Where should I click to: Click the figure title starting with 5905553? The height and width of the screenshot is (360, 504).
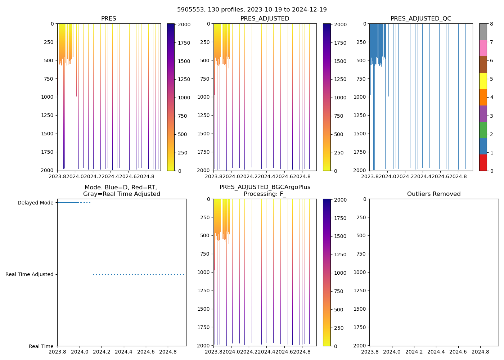[x=252, y=10]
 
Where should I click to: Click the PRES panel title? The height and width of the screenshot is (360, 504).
[x=108, y=19]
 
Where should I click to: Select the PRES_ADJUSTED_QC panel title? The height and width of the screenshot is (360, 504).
[x=420, y=19]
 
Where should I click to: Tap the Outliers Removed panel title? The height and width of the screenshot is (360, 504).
[x=433, y=194]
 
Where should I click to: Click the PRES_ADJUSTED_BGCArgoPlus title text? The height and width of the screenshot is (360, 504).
[x=265, y=187]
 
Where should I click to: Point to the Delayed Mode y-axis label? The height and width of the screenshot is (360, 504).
[x=35, y=203]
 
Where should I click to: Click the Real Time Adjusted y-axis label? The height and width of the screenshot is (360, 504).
[x=29, y=274]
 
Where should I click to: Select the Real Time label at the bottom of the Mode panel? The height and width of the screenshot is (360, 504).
[x=41, y=346]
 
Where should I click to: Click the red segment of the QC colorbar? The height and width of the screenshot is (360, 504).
[x=483, y=163]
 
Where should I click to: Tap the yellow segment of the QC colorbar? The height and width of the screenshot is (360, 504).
[x=483, y=81]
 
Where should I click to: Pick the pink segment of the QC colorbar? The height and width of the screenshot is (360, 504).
[x=483, y=48]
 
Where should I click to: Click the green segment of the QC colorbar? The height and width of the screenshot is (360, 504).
[x=483, y=130]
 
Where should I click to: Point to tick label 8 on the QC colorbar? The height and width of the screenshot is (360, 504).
[x=491, y=24]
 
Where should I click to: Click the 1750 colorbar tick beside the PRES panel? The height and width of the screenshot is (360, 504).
[x=184, y=43]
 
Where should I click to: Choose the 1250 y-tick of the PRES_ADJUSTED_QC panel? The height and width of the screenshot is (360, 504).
[x=360, y=115]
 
